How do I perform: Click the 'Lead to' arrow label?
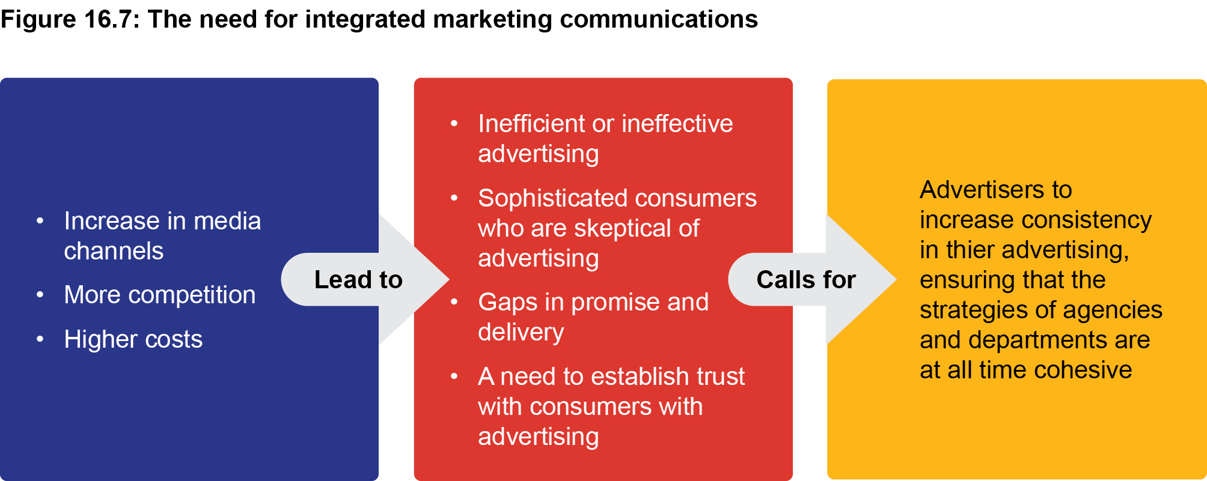[358, 280]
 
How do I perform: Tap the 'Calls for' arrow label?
[806, 280]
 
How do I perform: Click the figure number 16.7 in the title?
[108, 19]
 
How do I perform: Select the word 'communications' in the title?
[659, 19]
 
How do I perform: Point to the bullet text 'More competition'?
[160, 295]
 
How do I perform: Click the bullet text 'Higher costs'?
[133, 339]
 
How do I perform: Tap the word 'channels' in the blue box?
[114, 251]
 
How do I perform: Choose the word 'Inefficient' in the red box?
[531, 124]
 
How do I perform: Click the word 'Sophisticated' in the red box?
[553, 198]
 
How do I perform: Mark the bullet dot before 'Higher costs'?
[40, 339]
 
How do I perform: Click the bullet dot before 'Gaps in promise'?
[454, 302]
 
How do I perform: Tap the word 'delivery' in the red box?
[521, 332]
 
